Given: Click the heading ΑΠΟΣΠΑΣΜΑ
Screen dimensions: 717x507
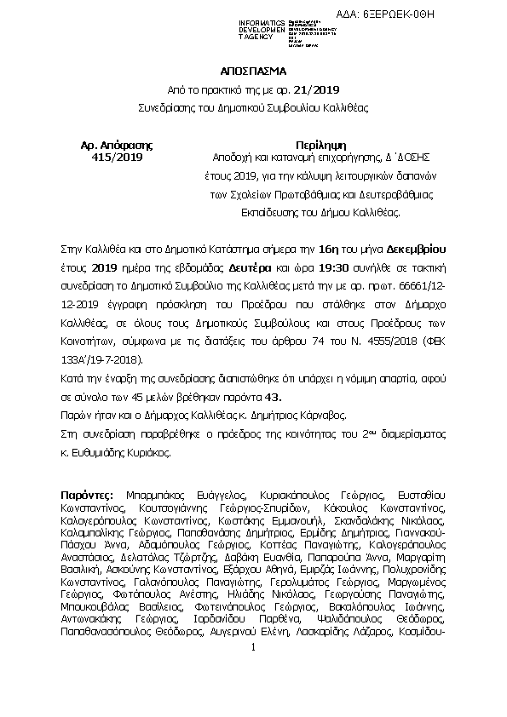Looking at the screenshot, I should [253, 73].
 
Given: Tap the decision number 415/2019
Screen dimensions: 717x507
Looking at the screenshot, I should [118, 157].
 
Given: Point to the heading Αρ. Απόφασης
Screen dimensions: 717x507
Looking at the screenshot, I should [118, 144].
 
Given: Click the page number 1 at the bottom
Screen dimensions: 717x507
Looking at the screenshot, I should [253, 672].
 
